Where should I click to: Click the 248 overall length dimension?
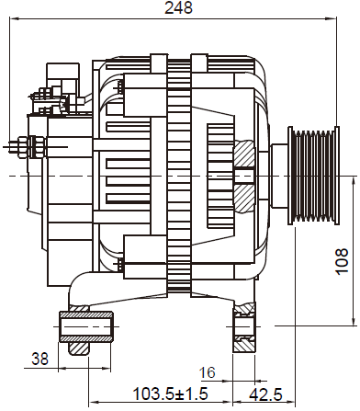click(x=178, y=7)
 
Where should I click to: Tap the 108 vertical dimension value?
click(x=342, y=261)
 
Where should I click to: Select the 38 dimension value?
click(x=40, y=359)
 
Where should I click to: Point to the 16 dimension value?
click(x=208, y=372)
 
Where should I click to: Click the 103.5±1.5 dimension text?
click(x=170, y=394)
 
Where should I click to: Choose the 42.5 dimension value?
click(x=265, y=394)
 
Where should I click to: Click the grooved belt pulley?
click(x=313, y=176)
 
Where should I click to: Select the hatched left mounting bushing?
click(x=86, y=326)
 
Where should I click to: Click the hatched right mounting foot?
click(x=244, y=327)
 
